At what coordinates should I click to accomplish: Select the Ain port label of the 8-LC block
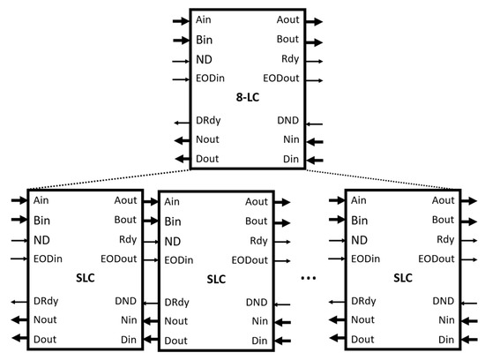click(204, 19)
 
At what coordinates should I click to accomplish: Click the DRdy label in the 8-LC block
click(208, 122)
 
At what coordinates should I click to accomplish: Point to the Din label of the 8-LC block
click(287, 160)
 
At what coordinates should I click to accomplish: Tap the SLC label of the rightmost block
click(402, 277)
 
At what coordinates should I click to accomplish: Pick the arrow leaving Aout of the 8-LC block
click(316, 19)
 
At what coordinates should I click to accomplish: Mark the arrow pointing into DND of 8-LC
click(316, 123)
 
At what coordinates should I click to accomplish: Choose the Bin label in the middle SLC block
click(173, 221)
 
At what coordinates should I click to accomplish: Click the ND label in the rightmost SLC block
click(359, 239)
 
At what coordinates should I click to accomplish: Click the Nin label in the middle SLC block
click(259, 320)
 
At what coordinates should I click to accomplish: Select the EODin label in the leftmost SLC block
click(48, 258)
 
